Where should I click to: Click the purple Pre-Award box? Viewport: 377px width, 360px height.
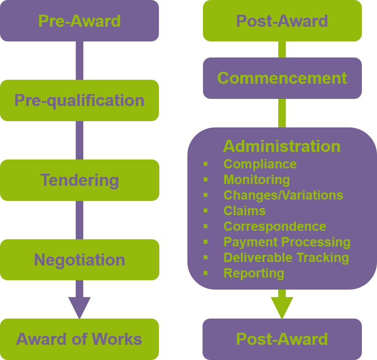(79, 21)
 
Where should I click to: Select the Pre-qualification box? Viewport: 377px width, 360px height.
(79, 100)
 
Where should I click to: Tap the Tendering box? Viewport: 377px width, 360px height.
(79, 180)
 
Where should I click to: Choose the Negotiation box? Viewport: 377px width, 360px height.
(79, 260)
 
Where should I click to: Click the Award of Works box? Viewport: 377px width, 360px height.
(79, 339)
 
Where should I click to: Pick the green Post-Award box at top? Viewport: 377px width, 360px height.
(282, 21)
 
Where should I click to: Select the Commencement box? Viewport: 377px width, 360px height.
(282, 78)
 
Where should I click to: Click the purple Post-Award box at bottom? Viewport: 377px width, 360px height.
(282, 339)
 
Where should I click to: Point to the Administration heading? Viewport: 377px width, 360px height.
(281, 146)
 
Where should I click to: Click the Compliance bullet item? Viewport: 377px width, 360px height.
(260, 164)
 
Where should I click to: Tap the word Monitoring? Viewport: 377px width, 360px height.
(256, 180)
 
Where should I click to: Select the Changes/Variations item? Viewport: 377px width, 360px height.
(283, 195)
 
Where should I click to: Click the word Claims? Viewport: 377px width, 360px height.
(244, 211)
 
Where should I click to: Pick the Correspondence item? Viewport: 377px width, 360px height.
(275, 226)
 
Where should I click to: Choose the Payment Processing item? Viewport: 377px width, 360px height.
(287, 242)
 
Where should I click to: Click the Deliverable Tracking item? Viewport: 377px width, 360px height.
(286, 258)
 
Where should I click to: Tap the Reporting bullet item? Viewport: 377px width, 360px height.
(254, 273)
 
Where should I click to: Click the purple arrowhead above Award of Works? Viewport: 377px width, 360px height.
(79, 307)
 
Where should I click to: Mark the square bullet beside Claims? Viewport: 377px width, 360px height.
(206, 211)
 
